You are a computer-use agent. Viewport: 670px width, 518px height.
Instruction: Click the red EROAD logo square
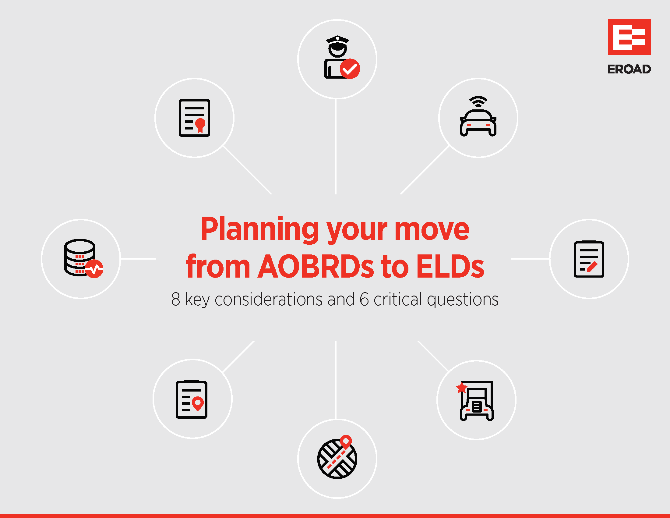(x=629, y=37)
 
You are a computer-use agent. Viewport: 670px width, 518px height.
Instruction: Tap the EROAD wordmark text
(x=629, y=69)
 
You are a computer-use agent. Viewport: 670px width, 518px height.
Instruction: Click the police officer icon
(x=341, y=57)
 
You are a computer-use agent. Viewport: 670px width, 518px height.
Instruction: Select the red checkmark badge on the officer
(x=350, y=69)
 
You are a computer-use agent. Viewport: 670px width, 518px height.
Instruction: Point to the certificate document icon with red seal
(x=195, y=118)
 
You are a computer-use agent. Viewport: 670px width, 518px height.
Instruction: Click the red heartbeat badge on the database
(x=94, y=269)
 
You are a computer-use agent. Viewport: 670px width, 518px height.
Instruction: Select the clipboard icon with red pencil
(x=589, y=259)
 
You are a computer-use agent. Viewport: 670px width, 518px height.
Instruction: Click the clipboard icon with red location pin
(x=192, y=399)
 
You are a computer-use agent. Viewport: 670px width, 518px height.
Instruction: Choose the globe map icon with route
(x=337, y=457)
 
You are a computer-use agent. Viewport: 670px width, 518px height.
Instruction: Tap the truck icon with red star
(x=476, y=400)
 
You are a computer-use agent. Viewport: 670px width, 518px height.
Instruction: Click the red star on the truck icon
(x=462, y=388)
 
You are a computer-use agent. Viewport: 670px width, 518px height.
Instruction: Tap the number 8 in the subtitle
(x=175, y=299)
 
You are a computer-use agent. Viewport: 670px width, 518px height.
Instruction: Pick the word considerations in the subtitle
(x=269, y=299)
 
